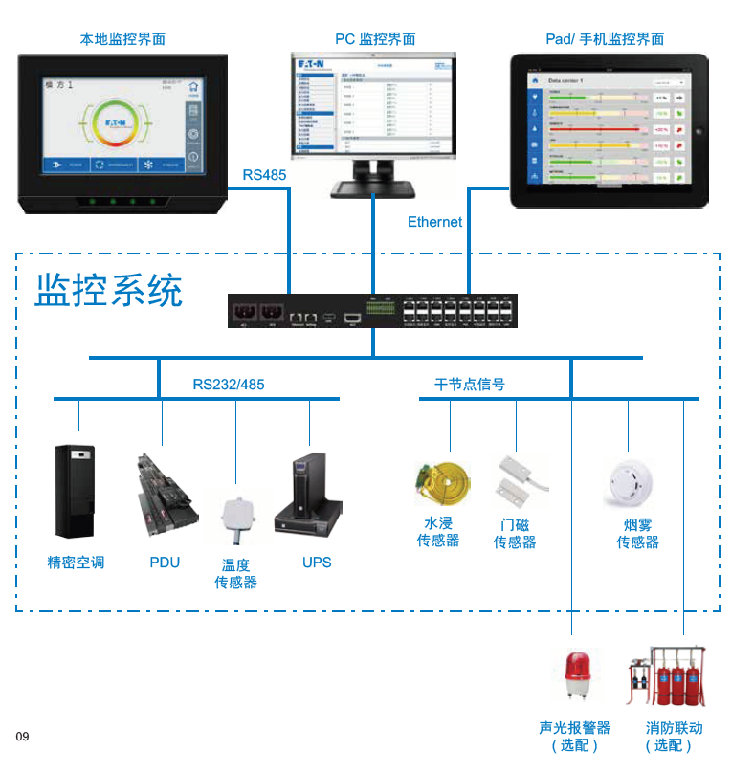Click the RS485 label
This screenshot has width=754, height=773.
coord(264,175)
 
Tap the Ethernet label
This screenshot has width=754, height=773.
coord(434,222)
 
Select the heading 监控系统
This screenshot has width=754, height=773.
coord(108,291)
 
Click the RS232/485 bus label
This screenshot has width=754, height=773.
coord(229,385)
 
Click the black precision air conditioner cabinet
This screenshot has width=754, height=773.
coord(74,490)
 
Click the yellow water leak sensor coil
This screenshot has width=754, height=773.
coord(442,483)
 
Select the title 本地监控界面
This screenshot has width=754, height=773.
coord(122,39)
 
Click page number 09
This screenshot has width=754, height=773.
coord(22,736)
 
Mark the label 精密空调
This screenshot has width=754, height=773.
coord(76,563)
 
